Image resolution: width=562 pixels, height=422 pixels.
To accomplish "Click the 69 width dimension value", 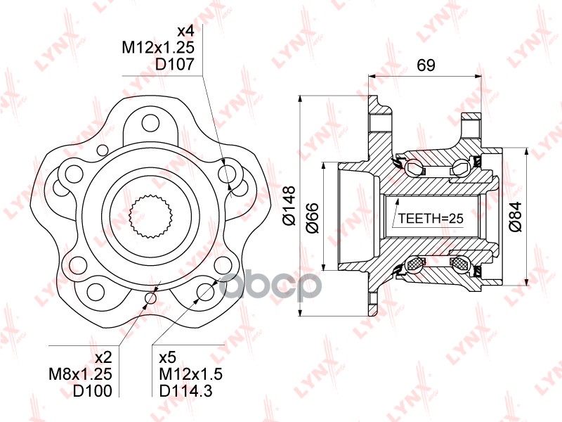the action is click(x=426, y=65).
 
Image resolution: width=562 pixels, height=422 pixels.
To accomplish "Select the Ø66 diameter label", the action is click(x=313, y=218).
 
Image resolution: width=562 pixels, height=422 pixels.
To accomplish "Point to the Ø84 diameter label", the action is click(x=516, y=217).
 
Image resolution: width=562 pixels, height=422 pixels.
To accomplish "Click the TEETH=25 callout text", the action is click(x=431, y=218).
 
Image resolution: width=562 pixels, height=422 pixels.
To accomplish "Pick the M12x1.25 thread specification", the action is click(x=157, y=47).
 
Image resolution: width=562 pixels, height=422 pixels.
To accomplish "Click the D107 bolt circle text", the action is click(x=174, y=64).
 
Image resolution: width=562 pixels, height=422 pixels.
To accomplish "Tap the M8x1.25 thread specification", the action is click(x=80, y=374).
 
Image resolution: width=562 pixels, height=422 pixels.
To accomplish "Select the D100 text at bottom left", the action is click(x=93, y=391).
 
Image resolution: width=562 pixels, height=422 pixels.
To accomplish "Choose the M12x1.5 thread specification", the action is click(x=190, y=374).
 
